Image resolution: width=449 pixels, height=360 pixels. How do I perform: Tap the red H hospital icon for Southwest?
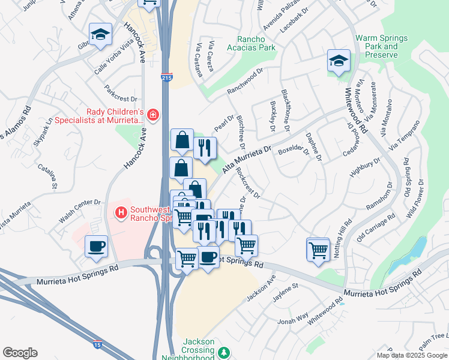tap(121, 212)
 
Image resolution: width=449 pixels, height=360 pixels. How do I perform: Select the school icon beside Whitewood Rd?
tap(339, 61)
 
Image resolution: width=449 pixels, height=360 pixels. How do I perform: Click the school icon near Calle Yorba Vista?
tap(101, 34)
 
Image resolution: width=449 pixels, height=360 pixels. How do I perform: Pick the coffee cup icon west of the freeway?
tap(96, 247)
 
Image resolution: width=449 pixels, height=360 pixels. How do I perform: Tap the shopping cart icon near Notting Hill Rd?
tap(318, 249)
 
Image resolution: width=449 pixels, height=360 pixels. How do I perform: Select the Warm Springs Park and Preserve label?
tap(381, 47)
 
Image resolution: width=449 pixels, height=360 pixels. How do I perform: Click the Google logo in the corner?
tap(20, 353)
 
